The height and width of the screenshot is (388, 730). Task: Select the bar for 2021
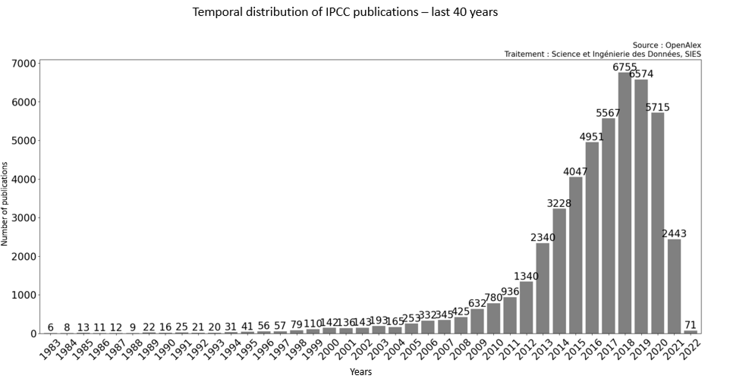tap(674, 286)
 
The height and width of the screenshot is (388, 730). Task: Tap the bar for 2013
tap(543, 288)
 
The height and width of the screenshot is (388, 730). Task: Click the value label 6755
tap(625, 67)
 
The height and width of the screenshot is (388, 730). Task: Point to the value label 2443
tap(674, 234)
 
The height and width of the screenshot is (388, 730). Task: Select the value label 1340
tap(526, 276)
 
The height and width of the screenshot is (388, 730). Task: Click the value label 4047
tap(575, 172)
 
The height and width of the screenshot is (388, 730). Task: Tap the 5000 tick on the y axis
tap(24, 141)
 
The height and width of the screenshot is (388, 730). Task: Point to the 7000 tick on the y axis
tap(24, 63)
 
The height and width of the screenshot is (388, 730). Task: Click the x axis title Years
tap(360, 372)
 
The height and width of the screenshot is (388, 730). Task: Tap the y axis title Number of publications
tap(5, 204)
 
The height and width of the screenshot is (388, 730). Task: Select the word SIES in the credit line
tap(693, 54)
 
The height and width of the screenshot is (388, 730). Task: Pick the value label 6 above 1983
tap(50, 327)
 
